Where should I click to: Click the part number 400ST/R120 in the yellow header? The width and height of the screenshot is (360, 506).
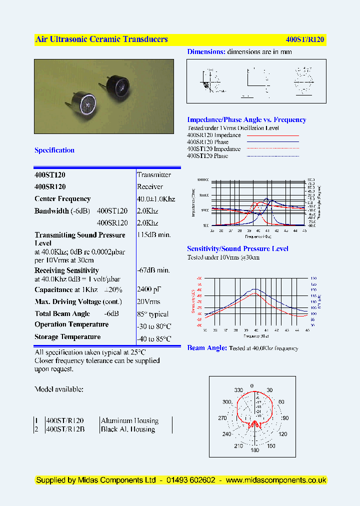(x=305, y=39)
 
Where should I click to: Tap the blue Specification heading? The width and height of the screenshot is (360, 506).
(x=54, y=150)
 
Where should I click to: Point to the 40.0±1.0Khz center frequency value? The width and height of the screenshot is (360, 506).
(x=156, y=199)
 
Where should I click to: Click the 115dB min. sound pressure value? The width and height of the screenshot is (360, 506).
(x=154, y=235)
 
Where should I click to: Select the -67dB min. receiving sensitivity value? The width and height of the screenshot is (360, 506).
(x=153, y=270)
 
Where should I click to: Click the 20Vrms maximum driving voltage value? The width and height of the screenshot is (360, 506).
(x=148, y=302)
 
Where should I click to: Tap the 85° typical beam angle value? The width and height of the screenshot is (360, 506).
(x=152, y=314)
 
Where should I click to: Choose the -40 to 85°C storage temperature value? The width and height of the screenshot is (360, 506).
(x=154, y=338)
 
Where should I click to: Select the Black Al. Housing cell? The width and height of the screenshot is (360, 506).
(x=128, y=429)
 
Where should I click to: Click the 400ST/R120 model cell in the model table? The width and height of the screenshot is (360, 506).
(x=64, y=421)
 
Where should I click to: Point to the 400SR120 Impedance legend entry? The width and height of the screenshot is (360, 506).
(x=214, y=135)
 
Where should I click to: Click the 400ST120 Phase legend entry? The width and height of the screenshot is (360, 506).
(x=207, y=156)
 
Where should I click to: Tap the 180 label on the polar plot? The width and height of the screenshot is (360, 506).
(x=254, y=450)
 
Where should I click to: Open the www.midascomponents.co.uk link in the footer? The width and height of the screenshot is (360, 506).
(x=276, y=480)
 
